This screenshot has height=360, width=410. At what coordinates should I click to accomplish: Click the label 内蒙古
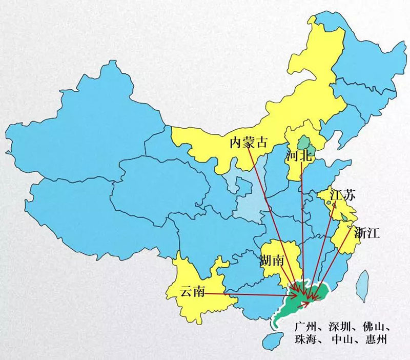point(249,142)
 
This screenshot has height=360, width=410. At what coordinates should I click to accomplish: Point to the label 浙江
point(366,234)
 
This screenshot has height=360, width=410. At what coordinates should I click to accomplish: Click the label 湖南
point(272,261)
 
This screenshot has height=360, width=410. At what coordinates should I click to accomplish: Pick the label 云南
point(193,292)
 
